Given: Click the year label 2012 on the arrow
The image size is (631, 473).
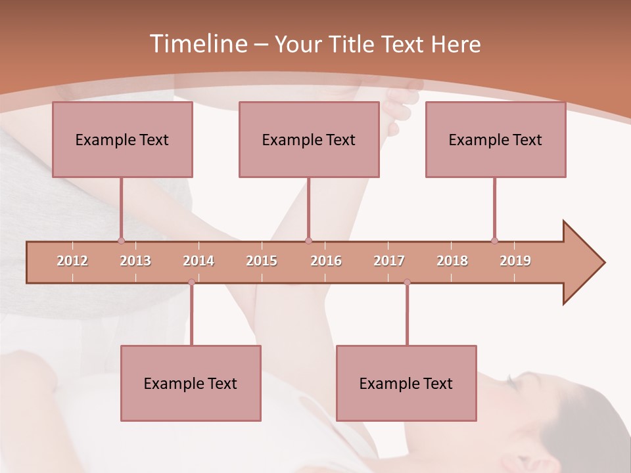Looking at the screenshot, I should (72, 261).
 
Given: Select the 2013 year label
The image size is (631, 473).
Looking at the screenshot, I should (135, 261).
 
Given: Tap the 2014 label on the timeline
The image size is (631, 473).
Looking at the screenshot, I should (199, 261).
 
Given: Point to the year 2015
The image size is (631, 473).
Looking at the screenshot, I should (262, 261).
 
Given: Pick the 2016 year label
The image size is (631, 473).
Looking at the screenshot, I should (326, 261).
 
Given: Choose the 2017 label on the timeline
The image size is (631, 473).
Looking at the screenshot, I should (389, 261).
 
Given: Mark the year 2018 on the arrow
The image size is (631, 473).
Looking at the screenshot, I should (452, 261).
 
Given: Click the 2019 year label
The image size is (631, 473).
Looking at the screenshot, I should (515, 261).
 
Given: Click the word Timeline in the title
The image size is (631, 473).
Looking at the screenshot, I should (197, 44).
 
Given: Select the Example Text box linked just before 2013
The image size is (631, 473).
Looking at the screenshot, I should (122, 139).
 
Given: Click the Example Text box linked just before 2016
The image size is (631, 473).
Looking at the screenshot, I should (309, 139).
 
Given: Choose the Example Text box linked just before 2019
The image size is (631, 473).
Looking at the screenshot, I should (496, 139).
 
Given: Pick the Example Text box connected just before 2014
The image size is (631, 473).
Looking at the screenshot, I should (191, 383).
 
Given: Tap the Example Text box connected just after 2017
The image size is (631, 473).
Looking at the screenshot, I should (406, 383).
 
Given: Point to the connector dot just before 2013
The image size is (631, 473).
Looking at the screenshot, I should (121, 240).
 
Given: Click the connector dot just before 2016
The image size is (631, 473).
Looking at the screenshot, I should (308, 240).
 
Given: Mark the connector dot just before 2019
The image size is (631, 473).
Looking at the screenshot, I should (494, 240).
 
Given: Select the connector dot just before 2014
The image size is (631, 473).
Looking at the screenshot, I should (191, 282).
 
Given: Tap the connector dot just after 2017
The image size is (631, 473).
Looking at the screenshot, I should (407, 282).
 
